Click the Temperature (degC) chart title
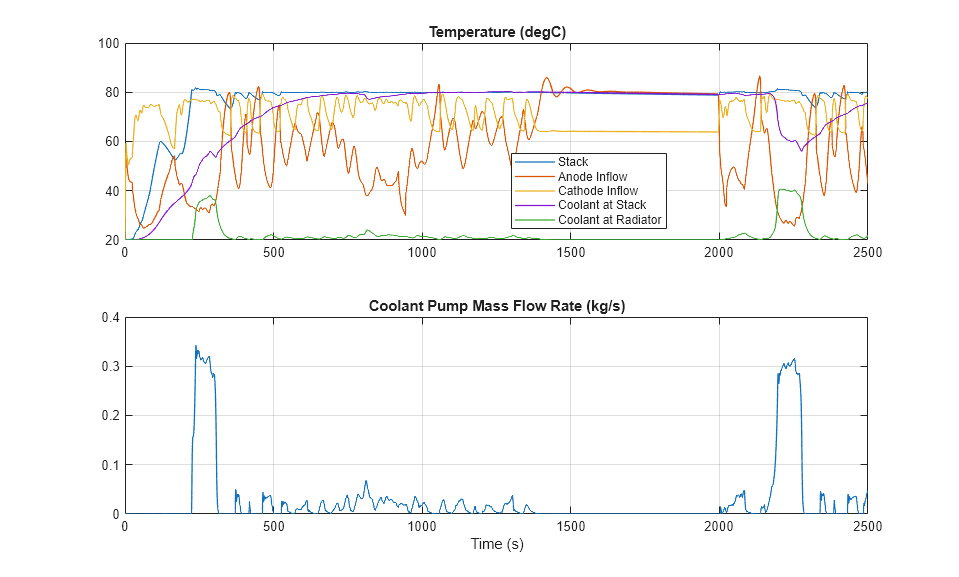497,32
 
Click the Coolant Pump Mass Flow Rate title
497,306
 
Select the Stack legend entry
573,162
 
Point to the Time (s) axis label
497,545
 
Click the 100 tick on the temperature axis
108,44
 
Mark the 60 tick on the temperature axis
112,142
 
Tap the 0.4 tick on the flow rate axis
109,318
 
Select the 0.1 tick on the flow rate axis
109,465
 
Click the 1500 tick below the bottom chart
571,526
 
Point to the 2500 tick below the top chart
867,252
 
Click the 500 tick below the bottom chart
273,526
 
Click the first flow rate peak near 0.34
196,347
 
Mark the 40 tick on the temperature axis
112,191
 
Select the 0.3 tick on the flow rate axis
109,367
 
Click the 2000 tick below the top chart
719,252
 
